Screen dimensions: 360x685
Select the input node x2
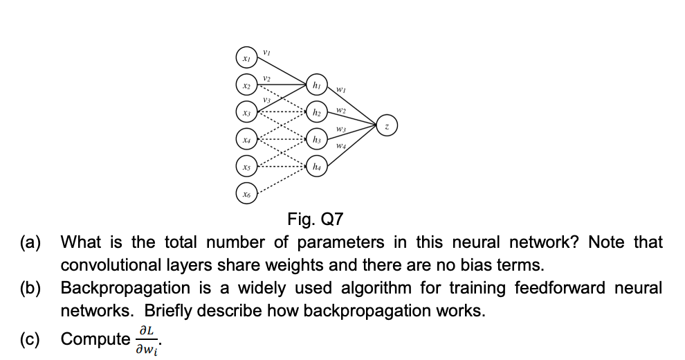246,85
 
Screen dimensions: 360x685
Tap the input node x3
246,113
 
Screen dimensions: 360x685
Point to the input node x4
246,141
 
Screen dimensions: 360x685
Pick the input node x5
246,168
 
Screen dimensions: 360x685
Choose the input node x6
246,196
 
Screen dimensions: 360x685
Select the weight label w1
342,89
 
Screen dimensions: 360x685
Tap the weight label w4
342,146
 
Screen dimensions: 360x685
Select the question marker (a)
30,243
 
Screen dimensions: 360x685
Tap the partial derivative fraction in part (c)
149,339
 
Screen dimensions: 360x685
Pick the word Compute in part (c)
95,339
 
